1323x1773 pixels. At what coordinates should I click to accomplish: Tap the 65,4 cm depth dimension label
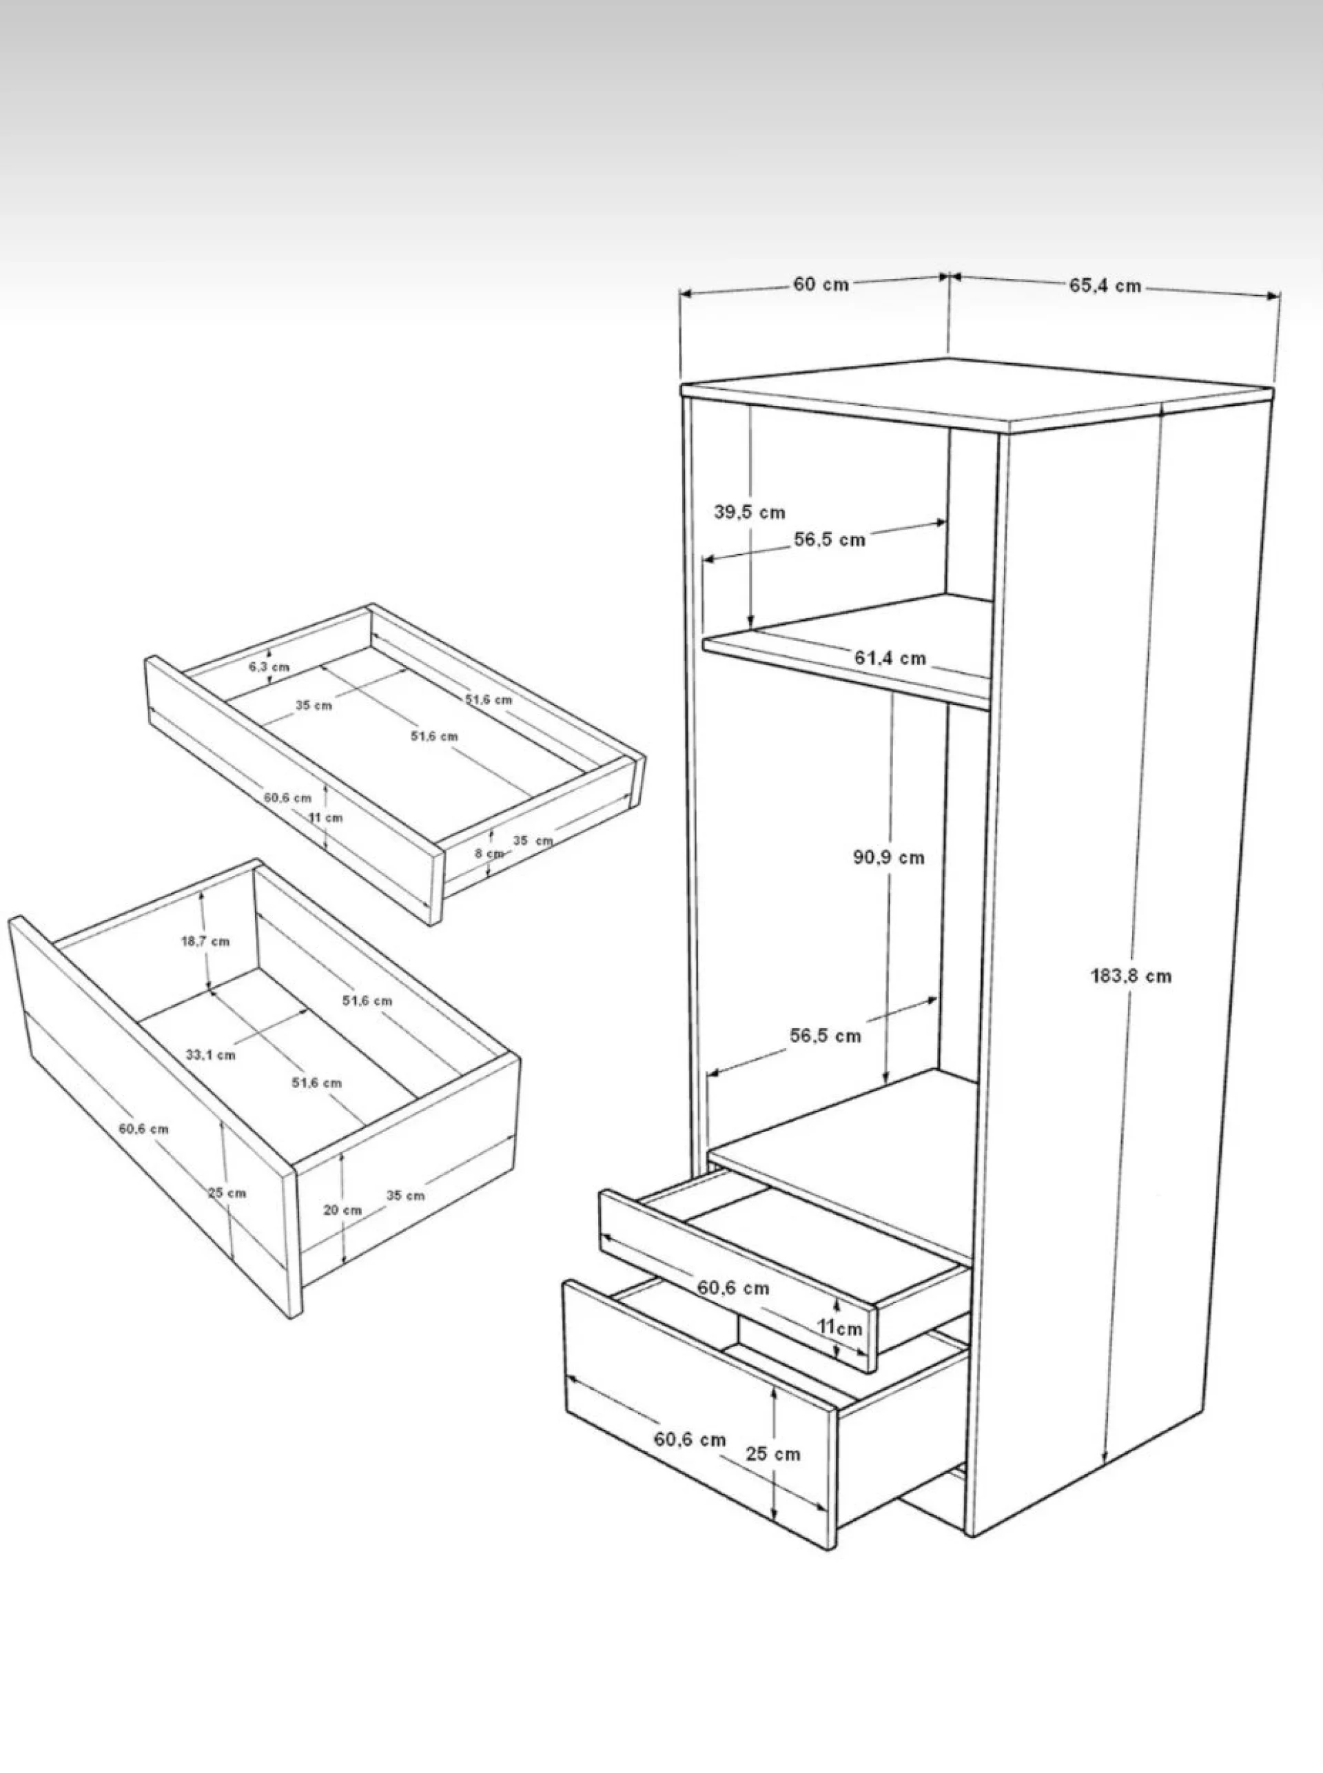[1105, 286]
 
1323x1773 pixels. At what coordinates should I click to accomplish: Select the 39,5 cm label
[750, 513]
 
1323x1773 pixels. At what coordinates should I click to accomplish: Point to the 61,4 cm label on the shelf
[890, 657]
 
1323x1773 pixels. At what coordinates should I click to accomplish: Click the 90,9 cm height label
[888, 858]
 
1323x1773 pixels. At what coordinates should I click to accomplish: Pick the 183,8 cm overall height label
[1131, 975]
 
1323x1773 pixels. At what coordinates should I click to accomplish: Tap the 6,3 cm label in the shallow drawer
[269, 666]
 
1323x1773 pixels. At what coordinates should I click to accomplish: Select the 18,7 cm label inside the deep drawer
[205, 941]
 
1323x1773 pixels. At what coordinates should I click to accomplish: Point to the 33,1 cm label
[211, 1055]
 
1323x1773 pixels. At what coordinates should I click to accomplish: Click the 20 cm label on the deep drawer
[342, 1210]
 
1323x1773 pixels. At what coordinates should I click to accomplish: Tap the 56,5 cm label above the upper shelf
[830, 540]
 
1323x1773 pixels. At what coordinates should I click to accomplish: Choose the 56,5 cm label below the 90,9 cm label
[825, 1036]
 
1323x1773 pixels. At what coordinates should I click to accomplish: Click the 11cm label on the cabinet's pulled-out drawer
[839, 1328]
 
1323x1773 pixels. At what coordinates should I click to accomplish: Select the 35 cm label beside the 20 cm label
[405, 1196]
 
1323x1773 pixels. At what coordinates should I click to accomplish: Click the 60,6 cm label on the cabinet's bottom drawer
[690, 1439]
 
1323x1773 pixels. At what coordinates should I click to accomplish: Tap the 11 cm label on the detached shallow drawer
[326, 818]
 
